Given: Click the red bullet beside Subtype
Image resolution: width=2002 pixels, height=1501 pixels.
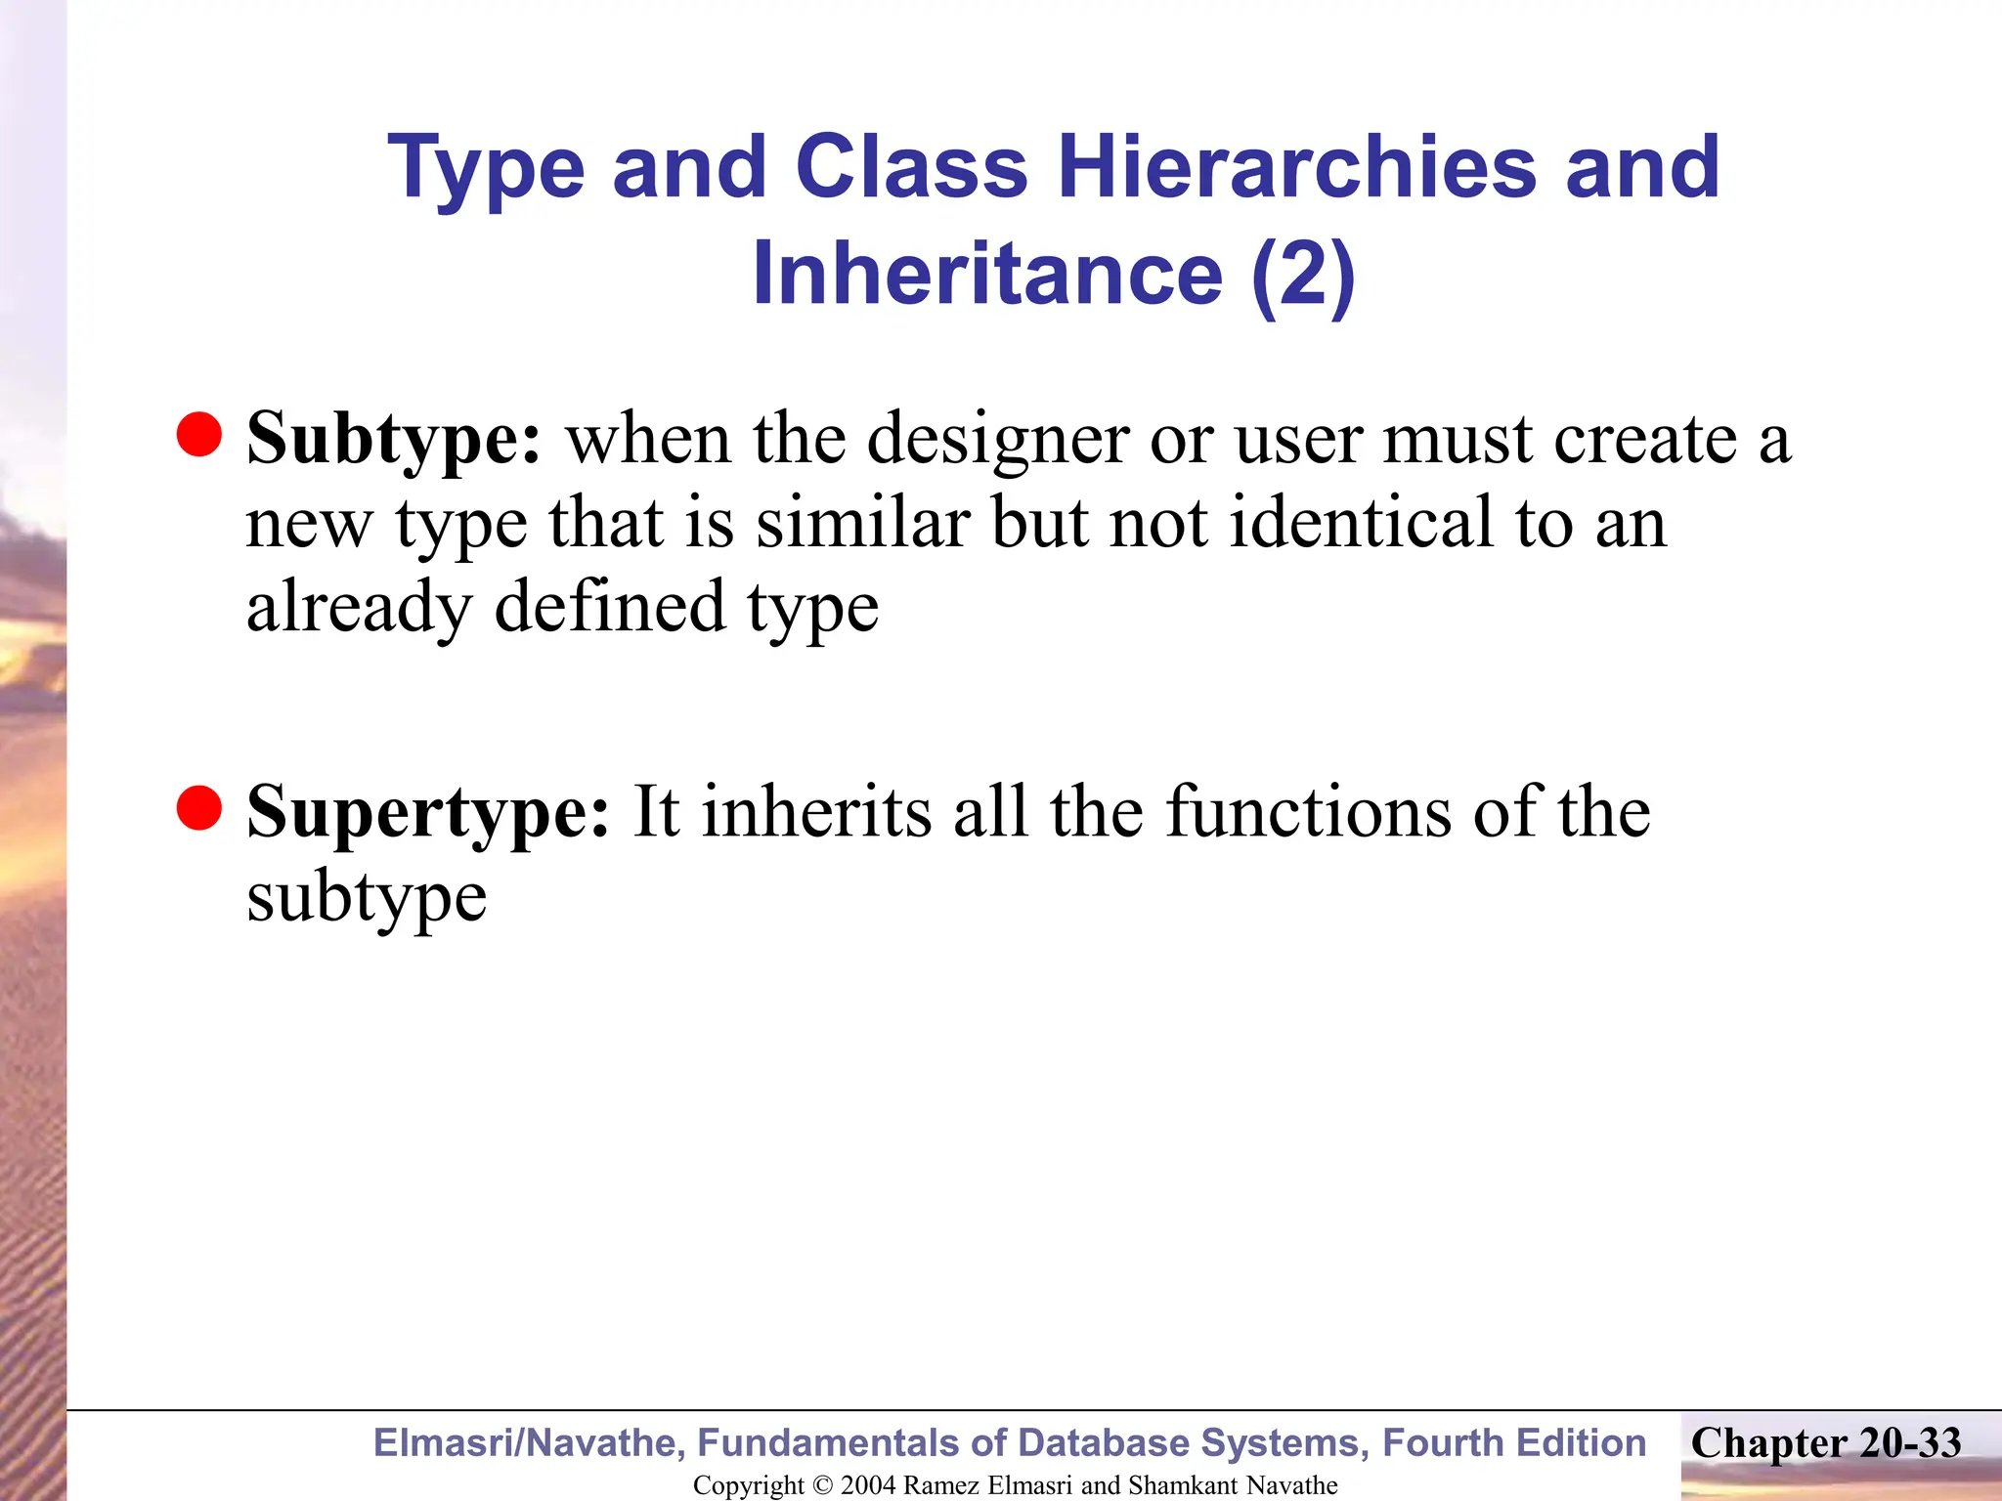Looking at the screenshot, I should coord(199,434).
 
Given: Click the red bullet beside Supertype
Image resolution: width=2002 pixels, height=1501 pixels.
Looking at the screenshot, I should coord(199,807).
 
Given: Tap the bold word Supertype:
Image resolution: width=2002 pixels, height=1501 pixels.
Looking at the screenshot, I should coord(428,813).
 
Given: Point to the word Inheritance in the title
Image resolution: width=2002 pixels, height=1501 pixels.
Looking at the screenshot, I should coord(987,274).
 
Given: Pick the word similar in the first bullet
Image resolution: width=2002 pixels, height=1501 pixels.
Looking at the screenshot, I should coord(863,523).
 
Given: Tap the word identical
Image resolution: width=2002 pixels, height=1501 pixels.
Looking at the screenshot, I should coord(1361,523).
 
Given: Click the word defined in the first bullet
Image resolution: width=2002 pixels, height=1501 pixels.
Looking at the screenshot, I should coord(610,607).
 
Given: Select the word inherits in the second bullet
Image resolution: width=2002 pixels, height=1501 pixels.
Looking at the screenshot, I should coord(817,813).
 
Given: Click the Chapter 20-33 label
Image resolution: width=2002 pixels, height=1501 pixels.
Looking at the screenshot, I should coord(1825,1443).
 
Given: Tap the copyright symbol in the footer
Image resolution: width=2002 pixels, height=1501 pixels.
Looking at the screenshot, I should coord(822,1485).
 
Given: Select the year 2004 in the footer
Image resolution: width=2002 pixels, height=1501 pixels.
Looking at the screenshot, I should coord(868,1485).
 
